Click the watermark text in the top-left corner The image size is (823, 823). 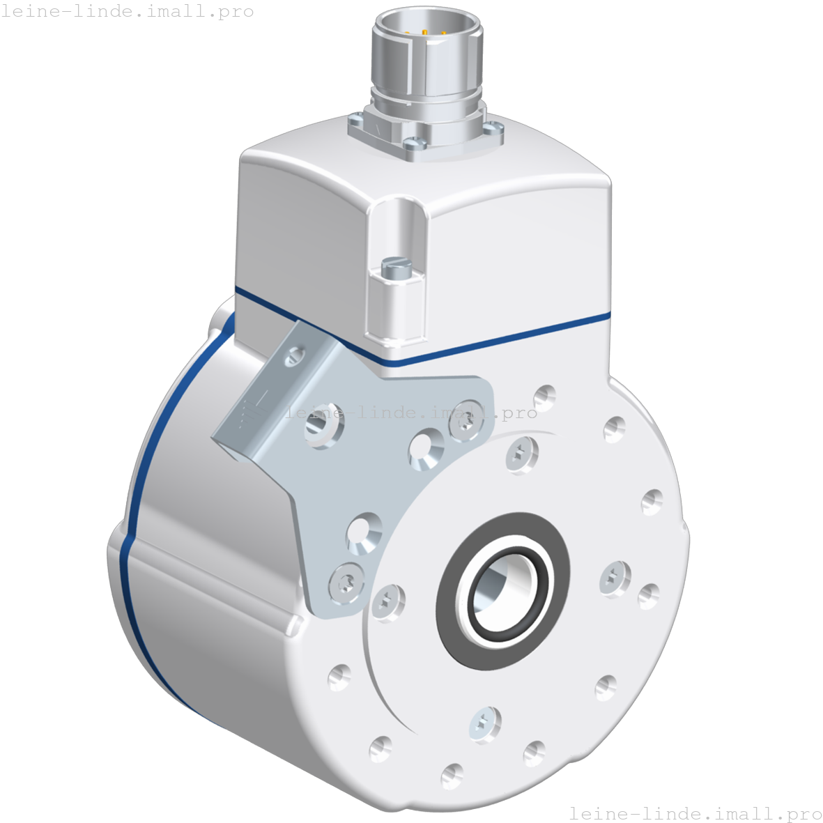coord(128,12)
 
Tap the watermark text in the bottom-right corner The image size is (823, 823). coord(695,813)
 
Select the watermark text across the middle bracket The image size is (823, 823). coord(411,413)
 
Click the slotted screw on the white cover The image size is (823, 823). coord(396,268)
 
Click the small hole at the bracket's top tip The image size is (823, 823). coord(295,357)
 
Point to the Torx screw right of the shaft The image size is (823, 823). coord(614,576)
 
